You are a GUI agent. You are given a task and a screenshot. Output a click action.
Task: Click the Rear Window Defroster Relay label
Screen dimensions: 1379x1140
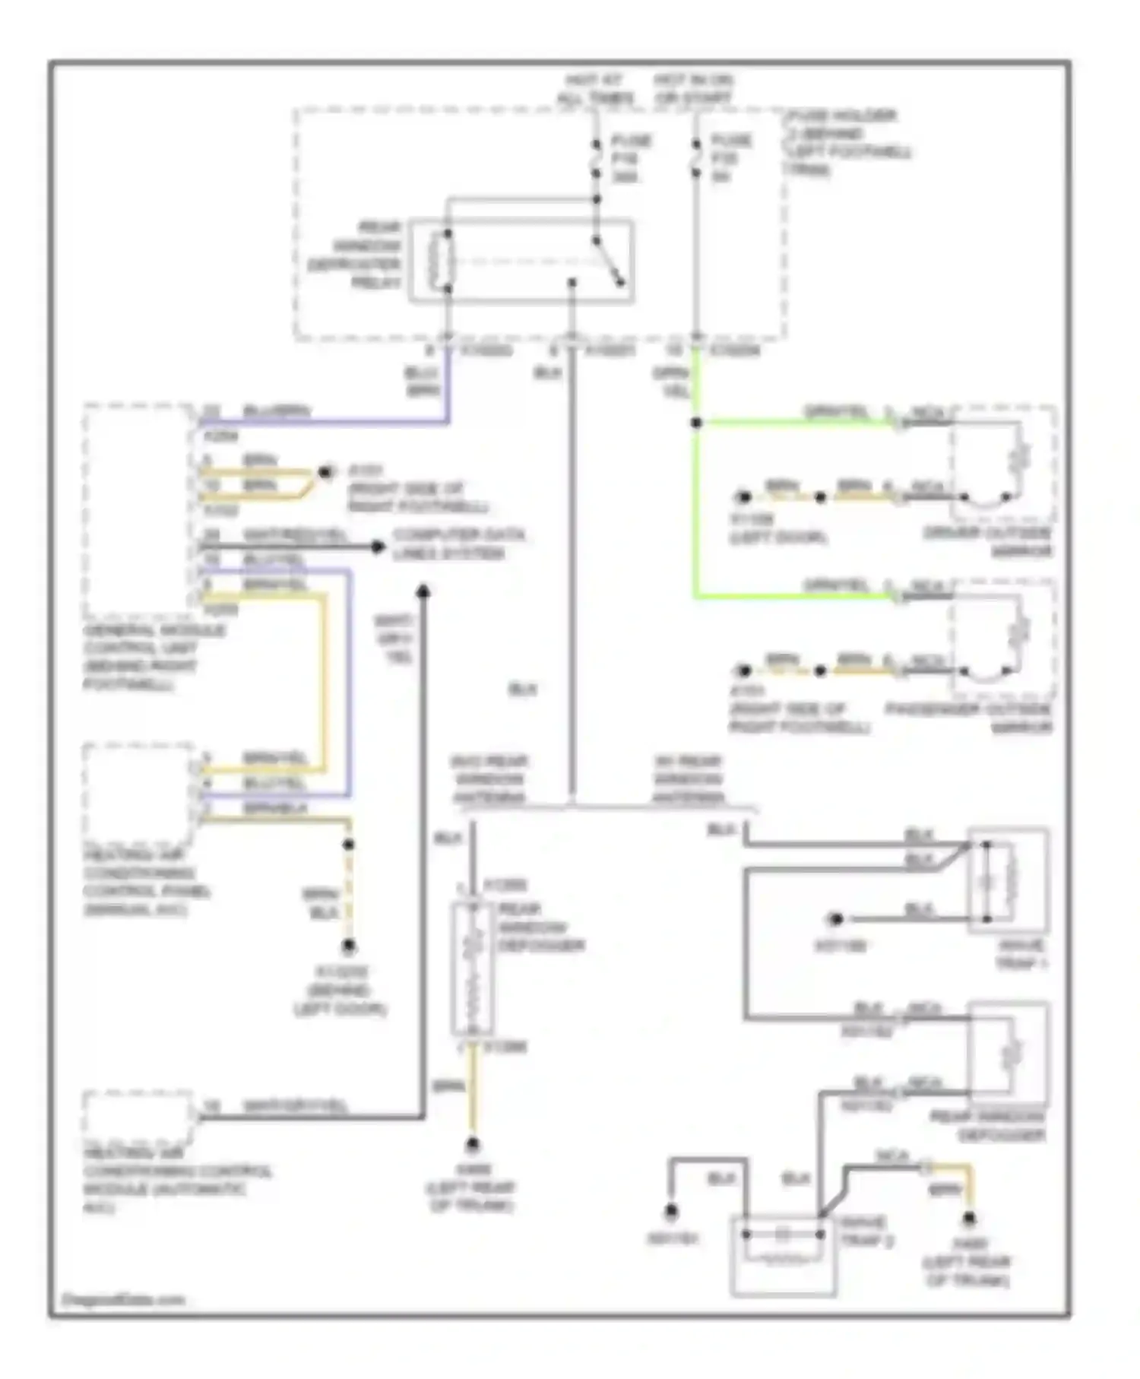click(354, 255)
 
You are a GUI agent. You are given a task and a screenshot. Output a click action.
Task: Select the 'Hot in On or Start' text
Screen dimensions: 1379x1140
click(693, 89)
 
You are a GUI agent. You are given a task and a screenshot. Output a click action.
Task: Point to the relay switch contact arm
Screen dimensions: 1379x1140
click(608, 262)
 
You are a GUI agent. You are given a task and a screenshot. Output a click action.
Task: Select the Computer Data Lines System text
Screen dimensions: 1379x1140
click(458, 544)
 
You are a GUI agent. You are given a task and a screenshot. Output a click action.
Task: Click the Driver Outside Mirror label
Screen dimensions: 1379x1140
click(988, 541)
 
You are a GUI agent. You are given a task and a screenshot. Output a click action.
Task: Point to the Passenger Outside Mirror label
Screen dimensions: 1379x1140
click(970, 718)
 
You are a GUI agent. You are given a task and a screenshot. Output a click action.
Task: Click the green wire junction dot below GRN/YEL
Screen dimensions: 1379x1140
click(696, 423)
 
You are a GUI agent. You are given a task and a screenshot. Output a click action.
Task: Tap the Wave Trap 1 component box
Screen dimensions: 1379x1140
click(1008, 880)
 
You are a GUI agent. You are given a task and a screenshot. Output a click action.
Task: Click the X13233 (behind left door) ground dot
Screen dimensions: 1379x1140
click(348, 946)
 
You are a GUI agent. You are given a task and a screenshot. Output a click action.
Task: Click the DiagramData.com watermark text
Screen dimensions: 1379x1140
click(122, 1299)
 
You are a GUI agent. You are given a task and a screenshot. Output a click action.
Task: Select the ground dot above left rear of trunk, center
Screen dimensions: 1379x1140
click(473, 1143)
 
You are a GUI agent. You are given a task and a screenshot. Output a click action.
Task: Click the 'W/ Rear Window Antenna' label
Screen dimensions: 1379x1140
click(687, 779)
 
